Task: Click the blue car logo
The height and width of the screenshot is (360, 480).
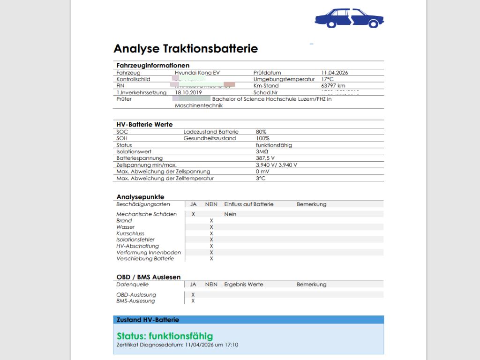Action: (x=349, y=18)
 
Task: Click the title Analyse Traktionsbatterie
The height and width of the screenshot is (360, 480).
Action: (x=186, y=48)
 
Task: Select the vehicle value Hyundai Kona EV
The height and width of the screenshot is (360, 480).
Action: (x=197, y=73)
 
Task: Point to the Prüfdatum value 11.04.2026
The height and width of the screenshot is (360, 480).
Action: (x=335, y=73)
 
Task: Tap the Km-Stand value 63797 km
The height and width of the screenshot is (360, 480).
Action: (x=333, y=86)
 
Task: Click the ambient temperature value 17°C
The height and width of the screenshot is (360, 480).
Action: (x=328, y=79)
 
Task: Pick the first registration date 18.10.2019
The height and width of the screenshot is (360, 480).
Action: (x=188, y=93)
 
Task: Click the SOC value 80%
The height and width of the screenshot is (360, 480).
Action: (x=261, y=132)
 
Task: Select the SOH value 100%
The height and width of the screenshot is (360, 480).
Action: (x=262, y=138)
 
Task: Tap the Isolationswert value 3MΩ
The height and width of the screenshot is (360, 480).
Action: (x=262, y=152)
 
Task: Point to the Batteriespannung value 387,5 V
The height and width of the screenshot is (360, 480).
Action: (x=265, y=158)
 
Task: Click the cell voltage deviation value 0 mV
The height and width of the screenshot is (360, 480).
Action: (x=262, y=172)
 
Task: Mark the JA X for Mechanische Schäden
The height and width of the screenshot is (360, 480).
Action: (x=193, y=214)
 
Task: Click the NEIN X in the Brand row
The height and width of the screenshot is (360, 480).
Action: (x=211, y=220)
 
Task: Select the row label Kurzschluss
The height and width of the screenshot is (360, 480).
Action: (x=130, y=233)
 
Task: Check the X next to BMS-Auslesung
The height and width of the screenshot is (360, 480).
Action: (x=193, y=301)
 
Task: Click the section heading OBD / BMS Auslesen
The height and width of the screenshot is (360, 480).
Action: (x=148, y=277)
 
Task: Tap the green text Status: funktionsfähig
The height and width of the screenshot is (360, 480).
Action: (x=165, y=336)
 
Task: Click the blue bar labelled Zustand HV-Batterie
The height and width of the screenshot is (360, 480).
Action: (x=248, y=320)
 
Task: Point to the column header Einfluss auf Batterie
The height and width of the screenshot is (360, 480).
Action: (x=248, y=204)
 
